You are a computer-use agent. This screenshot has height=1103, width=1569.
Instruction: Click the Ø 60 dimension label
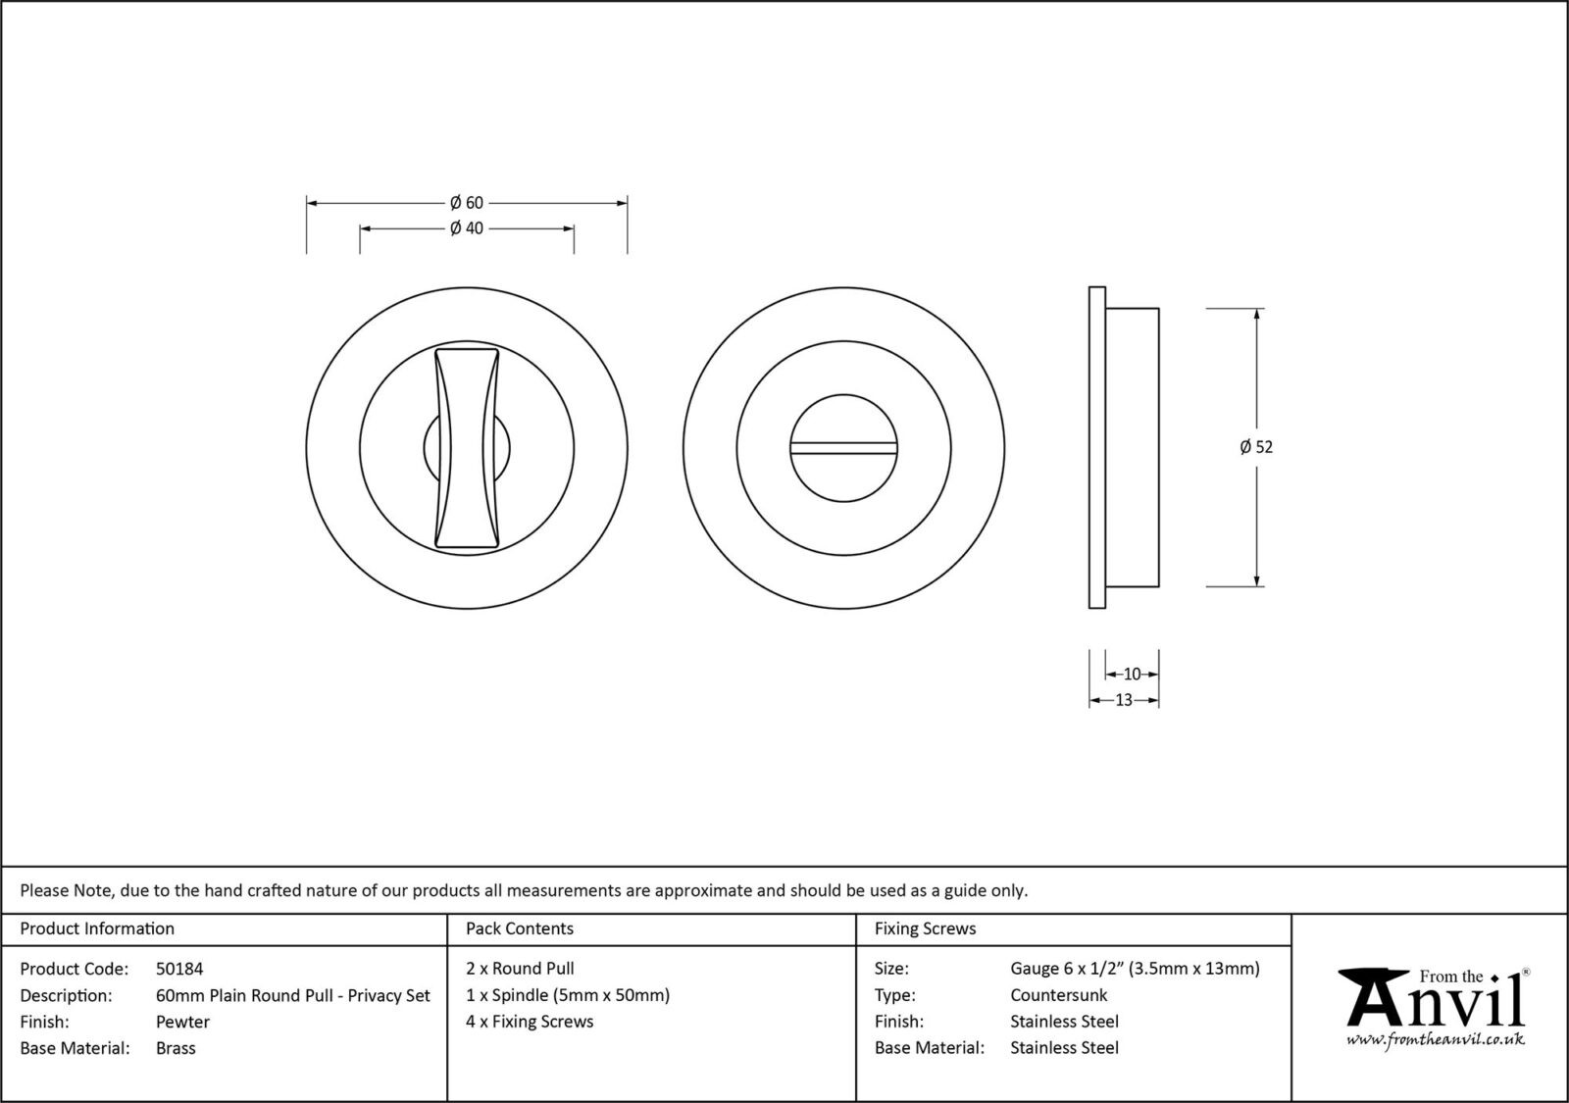pyautogui.click(x=467, y=203)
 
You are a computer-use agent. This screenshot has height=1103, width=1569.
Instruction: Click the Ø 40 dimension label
pyautogui.click(x=467, y=228)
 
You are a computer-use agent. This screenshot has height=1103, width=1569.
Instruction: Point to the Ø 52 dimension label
pyautogui.click(x=1256, y=447)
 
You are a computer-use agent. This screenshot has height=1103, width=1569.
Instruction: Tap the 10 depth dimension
pyautogui.click(x=1132, y=675)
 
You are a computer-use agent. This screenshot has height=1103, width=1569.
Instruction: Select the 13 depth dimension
pyautogui.click(x=1124, y=700)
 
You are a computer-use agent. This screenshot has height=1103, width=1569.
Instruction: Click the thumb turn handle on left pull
pyautogui.click(x=467, y=446)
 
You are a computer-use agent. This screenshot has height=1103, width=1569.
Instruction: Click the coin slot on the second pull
pyautogui.click(x=844, y=448)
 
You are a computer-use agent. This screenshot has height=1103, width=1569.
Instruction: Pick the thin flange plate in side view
pyautogui.click(x=1097, y=447)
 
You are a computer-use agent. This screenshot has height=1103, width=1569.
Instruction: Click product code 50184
pyautogui.click(x=179, y=969)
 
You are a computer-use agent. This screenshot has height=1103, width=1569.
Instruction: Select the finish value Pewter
pyautogui.click(x=182, y=1022)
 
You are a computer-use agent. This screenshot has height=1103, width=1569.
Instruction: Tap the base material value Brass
pyautogui.click(x=176, y=1048)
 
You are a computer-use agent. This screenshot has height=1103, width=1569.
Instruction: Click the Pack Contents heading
pyautogui.click(x=520, y=928)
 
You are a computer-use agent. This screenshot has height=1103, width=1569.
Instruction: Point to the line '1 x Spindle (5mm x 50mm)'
pyautogui.click(x=568, y=995)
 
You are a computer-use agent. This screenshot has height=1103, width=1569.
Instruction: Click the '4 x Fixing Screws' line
pyautogui.click(x=530, y=1022)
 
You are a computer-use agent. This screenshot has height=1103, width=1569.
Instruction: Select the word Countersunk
pyautogui.click(x=1058, y=995)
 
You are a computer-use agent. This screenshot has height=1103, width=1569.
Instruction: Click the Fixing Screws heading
pyautogui.click(x=925, y=928)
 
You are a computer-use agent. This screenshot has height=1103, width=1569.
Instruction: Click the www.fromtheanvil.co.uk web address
pyautogui.click(x=1435, y=1039)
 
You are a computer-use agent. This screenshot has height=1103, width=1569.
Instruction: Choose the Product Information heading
pyautogui.click(x=97, y=928)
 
